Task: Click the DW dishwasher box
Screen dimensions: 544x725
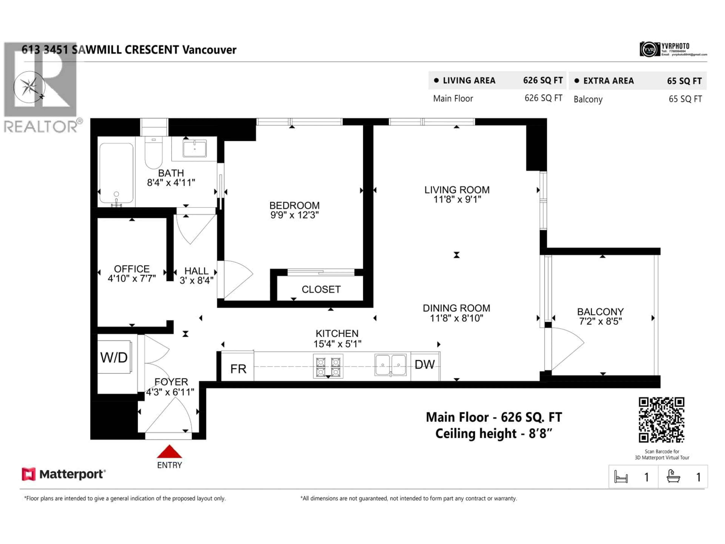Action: [x=425, y=365]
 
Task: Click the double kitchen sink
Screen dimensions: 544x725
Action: [x=390, y=364]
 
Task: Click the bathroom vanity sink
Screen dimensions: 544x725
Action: [x=195, y=149]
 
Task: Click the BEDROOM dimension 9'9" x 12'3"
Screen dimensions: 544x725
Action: [x=294, y=215]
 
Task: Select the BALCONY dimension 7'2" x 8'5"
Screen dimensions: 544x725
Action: [x=600, y=321]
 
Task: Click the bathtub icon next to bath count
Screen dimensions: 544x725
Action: [x=673, y=476]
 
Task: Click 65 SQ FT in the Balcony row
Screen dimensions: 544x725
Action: [x=685, y=99]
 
